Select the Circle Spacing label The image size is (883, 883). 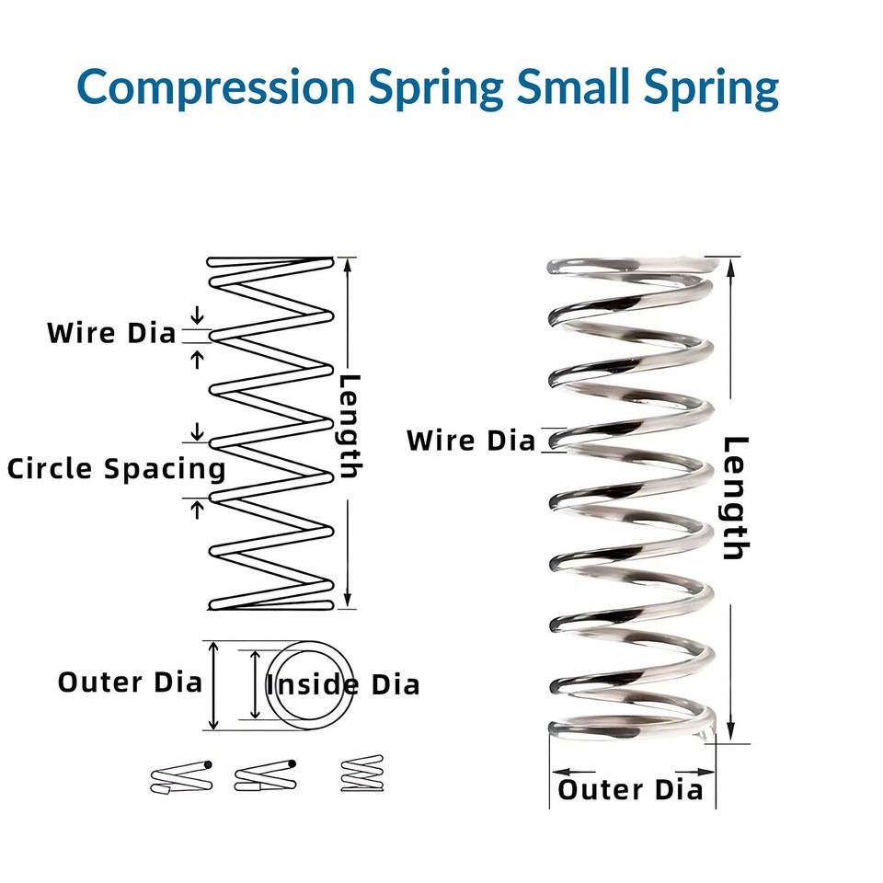117,468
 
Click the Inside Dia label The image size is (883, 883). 343,684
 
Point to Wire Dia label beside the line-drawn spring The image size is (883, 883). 111,333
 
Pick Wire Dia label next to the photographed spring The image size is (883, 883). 471,441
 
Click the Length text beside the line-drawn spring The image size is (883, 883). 350,427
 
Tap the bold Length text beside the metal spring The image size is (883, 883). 734,499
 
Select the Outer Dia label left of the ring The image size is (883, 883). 130,682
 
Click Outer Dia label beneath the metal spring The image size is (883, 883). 631,789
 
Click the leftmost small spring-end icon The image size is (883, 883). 181,777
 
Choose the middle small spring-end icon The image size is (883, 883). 266,777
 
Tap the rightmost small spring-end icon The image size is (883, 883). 361,774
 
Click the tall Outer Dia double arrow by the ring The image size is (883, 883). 213,685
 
